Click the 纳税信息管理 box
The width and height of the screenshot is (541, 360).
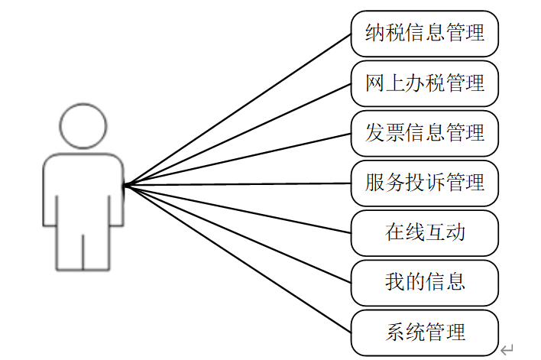pyautogui.click(x=425, y=33)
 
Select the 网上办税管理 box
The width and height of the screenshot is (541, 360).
pyautogui.click(x=425, y=83)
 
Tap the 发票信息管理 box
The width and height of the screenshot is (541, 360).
pyautogui.click(x=425, y=132)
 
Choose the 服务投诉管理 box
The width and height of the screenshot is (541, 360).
pyautogui.click(x=425, y=183)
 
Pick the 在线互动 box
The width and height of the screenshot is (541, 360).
pyautogui.click(x=425, y=232)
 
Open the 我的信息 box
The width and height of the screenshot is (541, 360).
pyautogui.click(x=425, y=282)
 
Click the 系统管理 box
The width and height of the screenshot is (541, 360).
pyautogui.click(x=425, y=332)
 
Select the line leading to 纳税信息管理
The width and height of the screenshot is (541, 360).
pyautogui.click(x=237, y=109)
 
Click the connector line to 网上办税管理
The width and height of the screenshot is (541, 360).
pyautogui.click(x=237, y=135)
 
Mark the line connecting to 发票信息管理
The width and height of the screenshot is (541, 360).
pyautogui.click(x=237, y=159)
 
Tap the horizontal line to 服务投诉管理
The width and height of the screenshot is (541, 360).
pyautogui.click(x=237, y=184)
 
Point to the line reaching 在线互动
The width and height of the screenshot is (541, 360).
pyautogui.click(x=237, y=208)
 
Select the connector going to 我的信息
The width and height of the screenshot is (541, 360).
pyautogui.click(x=237, y=233)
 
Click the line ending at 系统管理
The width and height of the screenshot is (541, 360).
pyautogui.click(x=237, y=258)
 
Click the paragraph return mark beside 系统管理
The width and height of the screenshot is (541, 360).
pyautogui.click(x=507, y=349)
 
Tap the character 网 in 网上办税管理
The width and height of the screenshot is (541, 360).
pyautogui.click(x=375, y=83)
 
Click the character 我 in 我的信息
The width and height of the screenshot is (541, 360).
pyautogui.click(x=395, y=282)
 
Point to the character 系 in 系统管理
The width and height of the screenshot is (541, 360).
pyautogui.click(x=395, y=332)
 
